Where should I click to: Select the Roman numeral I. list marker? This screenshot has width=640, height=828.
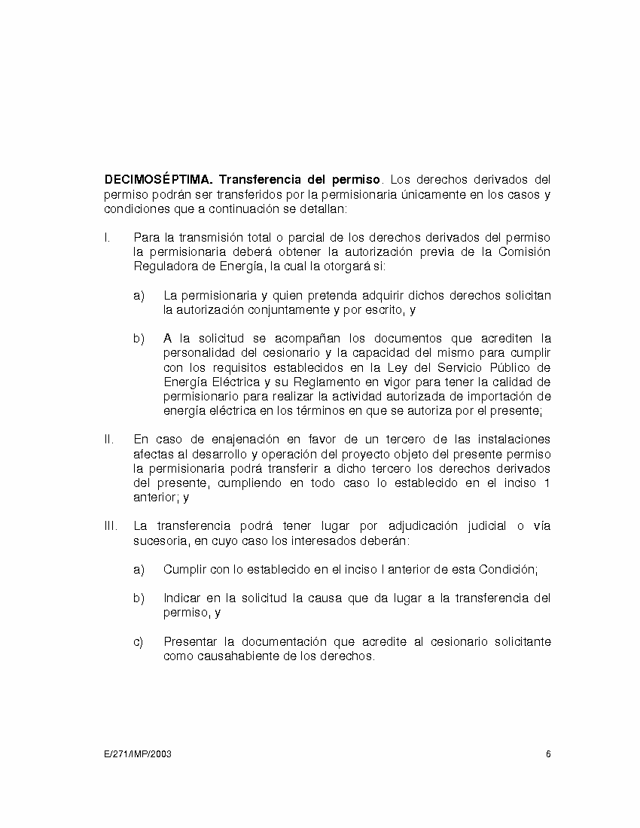[107, 237]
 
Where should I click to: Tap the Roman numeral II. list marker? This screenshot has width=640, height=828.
[108, 439]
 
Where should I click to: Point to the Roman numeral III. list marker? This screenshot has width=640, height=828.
[110, 526]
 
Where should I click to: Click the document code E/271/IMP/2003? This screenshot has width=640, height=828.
[138, 753]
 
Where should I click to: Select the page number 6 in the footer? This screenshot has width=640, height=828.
[548, 753]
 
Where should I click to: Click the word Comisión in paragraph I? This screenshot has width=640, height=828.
[524, 251]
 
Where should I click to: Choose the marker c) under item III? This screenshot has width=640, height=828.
[139, 641]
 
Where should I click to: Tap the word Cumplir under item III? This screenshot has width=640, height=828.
[185, 570]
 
